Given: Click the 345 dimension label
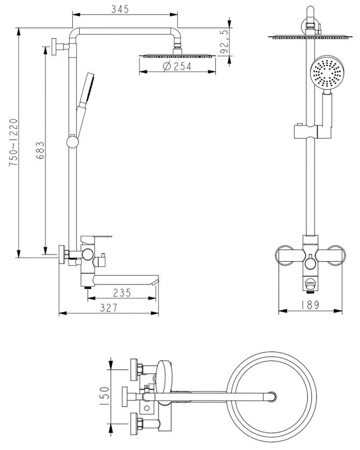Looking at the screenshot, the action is tap(120, 9).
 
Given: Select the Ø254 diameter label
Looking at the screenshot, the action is tap(177, 66).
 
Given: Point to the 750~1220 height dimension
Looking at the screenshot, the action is tap(13, 143).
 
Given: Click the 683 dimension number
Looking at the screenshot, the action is tap(40, 151).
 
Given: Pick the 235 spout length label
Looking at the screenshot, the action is tap(122, 293).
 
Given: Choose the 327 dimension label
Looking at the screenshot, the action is tap(109, 308).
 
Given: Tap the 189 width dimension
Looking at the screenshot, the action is tap(310, 305).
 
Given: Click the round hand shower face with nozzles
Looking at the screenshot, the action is tap(327, 72).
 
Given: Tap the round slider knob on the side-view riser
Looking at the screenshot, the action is tap(72, 142).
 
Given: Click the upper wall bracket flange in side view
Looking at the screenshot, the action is tap(54, 47).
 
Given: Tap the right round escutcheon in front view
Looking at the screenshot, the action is tap(336, 256).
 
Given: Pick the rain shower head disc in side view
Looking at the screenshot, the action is tap(177, 56).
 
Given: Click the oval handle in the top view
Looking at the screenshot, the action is tap(164, 377).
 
